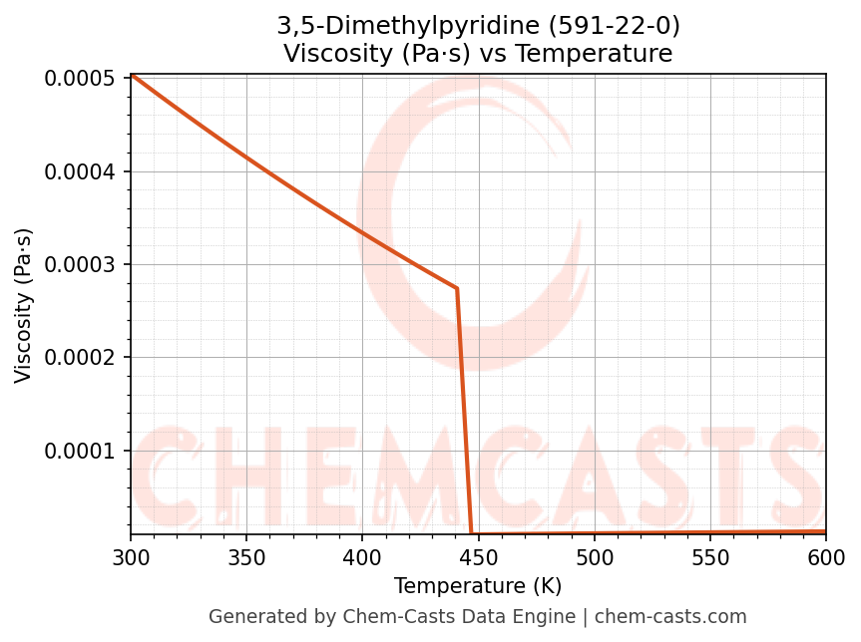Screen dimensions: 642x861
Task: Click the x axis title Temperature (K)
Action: click(x=478, y=586)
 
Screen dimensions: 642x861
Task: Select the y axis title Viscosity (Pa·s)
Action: click(x=24, y=305)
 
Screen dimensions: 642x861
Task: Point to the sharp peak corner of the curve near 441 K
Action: click(x=457, y=288)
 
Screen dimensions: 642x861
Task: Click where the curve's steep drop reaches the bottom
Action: click(x=471, y=533)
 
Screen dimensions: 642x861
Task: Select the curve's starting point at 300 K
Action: click(x=132, y=75)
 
